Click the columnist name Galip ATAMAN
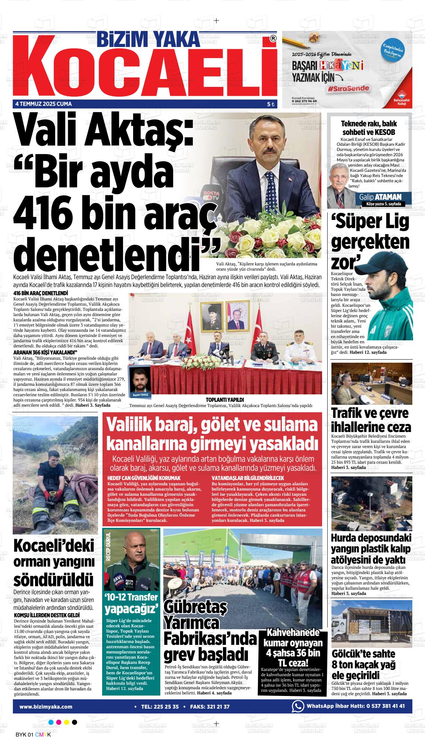coord(380,197)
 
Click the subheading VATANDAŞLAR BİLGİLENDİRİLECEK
coord(248,477)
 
